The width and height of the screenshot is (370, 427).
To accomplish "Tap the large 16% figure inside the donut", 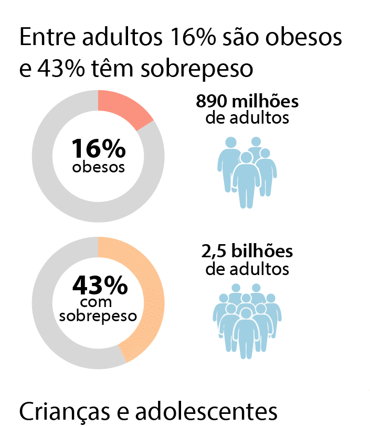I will (99, 149).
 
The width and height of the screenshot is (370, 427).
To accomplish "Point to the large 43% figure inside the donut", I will (100, 286).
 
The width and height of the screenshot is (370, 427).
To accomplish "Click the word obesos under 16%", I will (99, 168).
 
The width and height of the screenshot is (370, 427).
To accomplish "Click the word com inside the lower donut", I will (99, 303).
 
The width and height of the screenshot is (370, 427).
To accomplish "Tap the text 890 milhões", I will (247, 102).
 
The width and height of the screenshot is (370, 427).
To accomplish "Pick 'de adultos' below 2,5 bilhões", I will (247, 269).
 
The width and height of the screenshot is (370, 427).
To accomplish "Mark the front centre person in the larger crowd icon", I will (246, 333).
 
